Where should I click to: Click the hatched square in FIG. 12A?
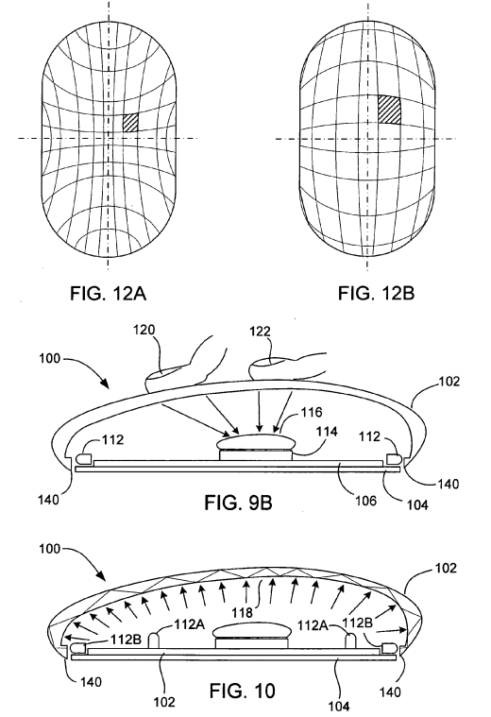coord(131,123)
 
